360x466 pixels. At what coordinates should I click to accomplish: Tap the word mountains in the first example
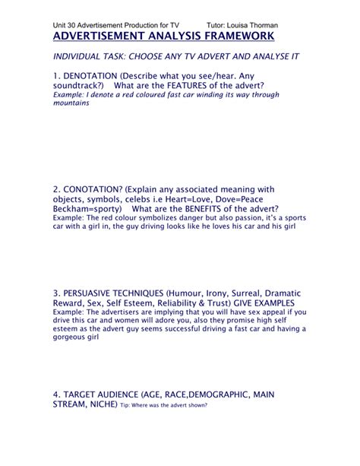tap(71, 103)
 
